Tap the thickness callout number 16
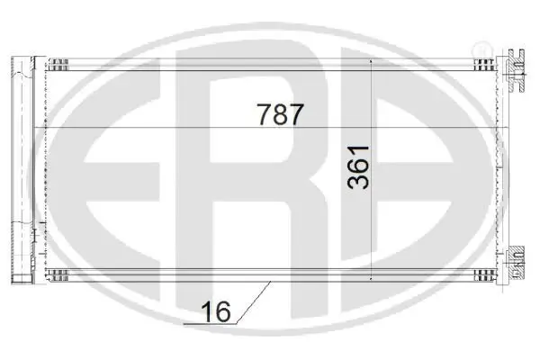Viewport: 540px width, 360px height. [217, 312]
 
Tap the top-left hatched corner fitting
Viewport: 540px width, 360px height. [56, 63]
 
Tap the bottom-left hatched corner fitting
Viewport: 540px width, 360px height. [56, 273]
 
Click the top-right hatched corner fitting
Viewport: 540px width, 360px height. [486, 63]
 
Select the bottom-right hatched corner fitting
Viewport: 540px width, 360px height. [486, 273]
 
